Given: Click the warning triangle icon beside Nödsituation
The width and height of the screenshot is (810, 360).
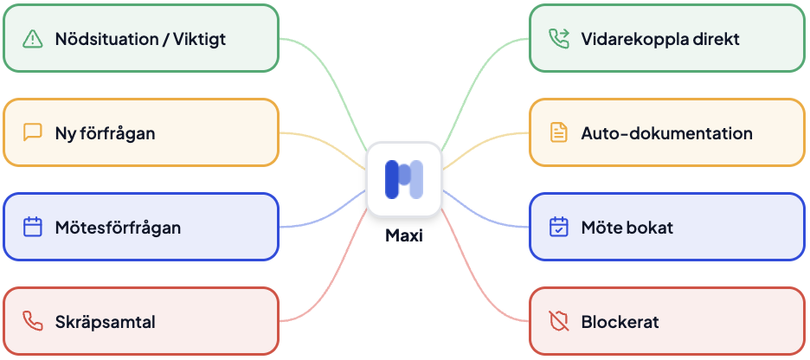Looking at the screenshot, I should [x=33, y=39].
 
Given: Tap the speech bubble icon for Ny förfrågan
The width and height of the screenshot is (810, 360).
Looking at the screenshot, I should [x=33, y=133].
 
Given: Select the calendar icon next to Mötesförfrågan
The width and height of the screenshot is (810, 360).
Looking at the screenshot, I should [x=33, y=228].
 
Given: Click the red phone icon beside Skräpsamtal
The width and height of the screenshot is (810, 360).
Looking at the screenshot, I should [x=33, y=322].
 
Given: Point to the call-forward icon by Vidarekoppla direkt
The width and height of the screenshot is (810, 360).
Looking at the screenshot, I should [x=559, y=39].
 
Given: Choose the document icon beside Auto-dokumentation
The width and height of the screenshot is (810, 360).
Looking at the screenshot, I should [x=559, y=133].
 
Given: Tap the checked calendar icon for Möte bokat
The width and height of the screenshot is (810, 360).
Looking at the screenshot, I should [x=559, y=228].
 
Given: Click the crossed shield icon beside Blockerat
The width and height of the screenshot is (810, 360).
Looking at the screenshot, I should [x=559, y=322].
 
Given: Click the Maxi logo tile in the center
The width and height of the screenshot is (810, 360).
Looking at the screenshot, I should [x=404, y=178].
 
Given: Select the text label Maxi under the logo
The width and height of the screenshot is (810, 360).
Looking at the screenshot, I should [x=404, y=235].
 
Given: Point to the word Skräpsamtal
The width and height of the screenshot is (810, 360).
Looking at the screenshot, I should [x=105, y=322].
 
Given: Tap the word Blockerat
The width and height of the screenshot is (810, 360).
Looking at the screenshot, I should [x=620, y=322].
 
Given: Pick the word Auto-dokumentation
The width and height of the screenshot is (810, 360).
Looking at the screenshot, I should [x=666, y=133].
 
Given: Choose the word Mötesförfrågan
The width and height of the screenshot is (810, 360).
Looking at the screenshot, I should [x=118, y=228].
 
